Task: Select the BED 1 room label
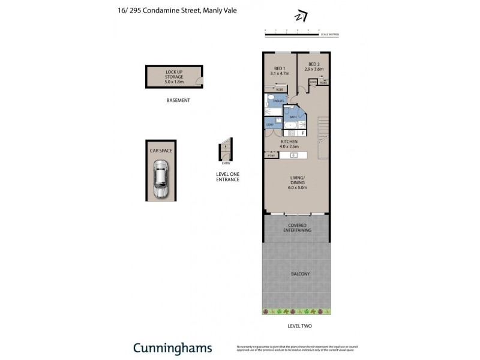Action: (x=279, y=68)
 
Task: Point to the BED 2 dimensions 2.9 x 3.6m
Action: (x=314, y=69)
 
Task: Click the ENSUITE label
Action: (x=278, y=101)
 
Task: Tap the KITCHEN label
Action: (x=290, y=142)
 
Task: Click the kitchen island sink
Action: (x=294, y=155)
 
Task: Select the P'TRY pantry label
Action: (x=271, y=155)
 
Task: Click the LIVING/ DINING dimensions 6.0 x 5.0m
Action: (x=298, y=188)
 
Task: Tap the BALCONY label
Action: (x=301, y=274)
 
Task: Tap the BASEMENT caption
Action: (x=178, y=100)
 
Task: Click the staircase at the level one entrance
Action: (x=226, y=150)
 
